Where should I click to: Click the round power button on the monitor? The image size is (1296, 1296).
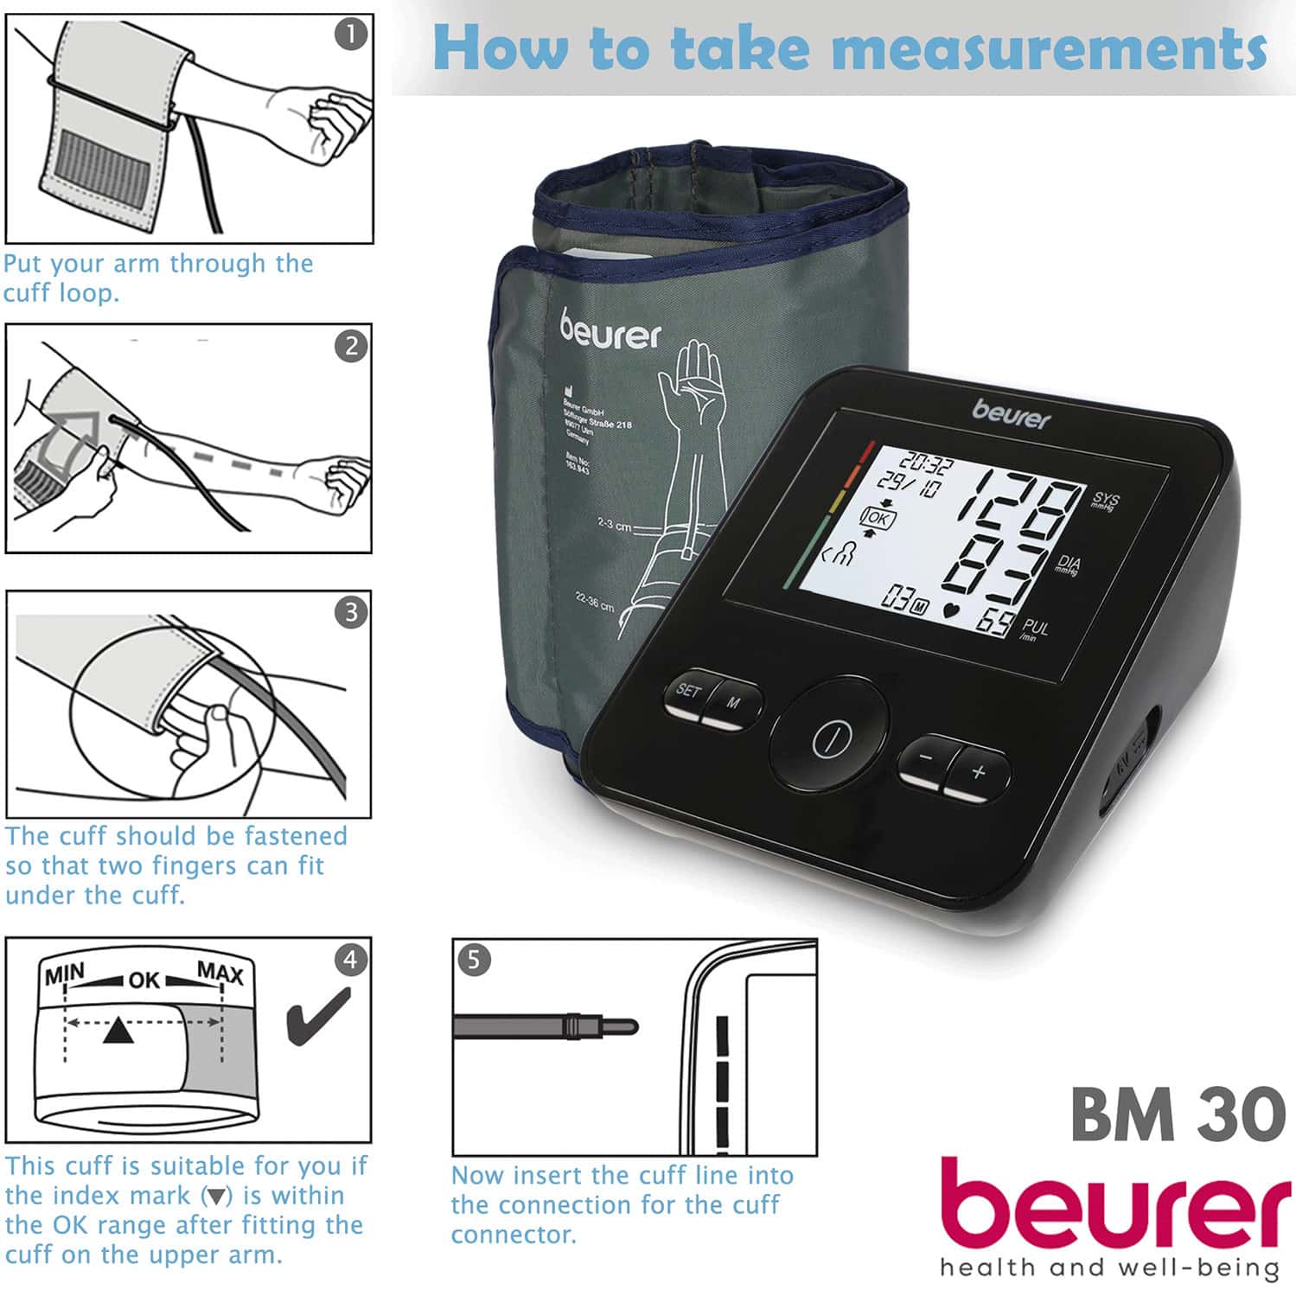coord(831,737)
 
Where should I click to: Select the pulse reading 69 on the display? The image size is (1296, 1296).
coord(997,621)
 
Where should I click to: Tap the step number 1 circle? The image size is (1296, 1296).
coord(351,35)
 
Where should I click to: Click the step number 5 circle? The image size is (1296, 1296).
coord(474,961)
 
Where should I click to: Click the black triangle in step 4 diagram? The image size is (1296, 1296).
coord(118,1031)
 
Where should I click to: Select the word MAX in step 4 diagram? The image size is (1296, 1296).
coord(220,974)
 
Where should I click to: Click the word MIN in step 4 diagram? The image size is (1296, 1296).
coord(65,975)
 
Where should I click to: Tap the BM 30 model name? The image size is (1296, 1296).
coord(1178,1114)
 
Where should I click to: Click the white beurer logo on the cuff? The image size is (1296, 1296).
coord(610,329)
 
